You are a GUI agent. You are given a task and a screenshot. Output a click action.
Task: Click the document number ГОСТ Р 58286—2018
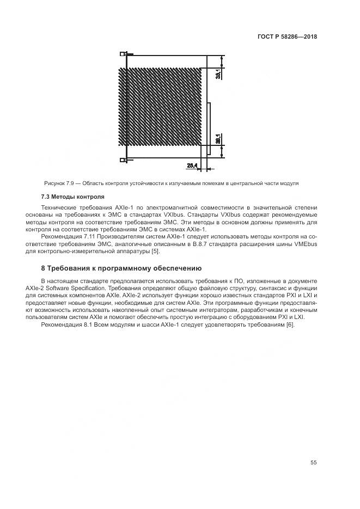tap(286, 37)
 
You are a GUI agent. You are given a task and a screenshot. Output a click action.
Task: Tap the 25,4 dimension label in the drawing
tap(192, 165)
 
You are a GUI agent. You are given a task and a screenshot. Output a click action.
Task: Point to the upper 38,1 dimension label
tap(218, 73)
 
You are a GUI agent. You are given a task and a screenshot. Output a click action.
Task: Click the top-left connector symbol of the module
tap(124, 54)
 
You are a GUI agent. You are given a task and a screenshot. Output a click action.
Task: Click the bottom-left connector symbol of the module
tap(124, 160)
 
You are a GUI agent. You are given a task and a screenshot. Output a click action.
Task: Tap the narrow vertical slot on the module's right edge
tap(210, 122)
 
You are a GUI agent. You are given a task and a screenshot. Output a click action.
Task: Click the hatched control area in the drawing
tap(161, 106)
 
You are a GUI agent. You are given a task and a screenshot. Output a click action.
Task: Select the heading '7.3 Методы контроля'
tap(72, 197)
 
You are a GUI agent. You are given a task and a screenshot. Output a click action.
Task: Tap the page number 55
tap(313, 463)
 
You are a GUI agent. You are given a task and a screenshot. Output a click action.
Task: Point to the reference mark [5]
tap(155, 250)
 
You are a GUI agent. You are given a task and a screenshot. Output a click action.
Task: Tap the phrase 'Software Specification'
tap(75, 287)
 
